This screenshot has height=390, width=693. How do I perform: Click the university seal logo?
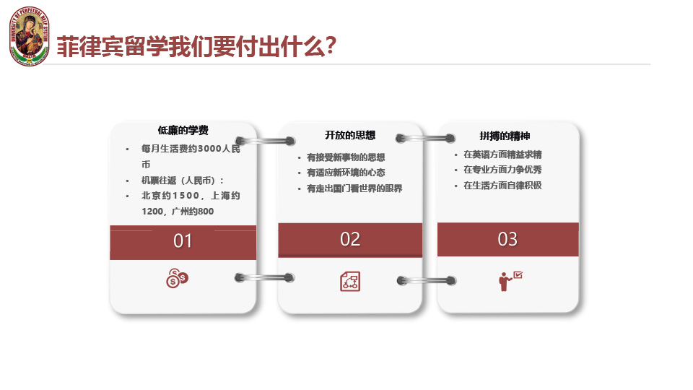pyautogui.click(x=30, y=36)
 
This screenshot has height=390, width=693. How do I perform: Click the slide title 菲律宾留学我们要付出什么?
pyautogui.click(x=196, y=46)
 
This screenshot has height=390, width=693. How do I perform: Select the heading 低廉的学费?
pyautogui.click(x=183, y=130)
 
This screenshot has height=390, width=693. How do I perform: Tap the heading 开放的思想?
pyautogui.click(x=350, y=135)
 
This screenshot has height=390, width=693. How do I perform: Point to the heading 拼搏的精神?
pyautogui.click(x=505, y=136)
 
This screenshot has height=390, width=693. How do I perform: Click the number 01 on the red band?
pyautogui.click(x=183, y=241)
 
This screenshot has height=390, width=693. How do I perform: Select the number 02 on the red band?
pyautogui.click(x=350, y=239)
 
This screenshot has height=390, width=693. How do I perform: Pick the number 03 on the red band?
pyautogui.click(x=507, y=239)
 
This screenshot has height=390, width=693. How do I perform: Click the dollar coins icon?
pyautogui.click(x=178, y=278)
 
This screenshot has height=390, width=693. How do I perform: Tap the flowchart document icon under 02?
pyautogui.click(x=350, y=281)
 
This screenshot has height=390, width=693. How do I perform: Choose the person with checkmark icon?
pyautogui.click(x=510, y=281)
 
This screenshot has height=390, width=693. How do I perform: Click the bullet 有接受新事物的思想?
pyautogui.click(x=346, y=157)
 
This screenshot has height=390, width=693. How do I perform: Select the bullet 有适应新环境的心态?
pyautogui.click(x=346, y=173)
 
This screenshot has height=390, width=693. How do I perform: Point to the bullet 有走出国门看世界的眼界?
pyautogui.click(x=354, y=188)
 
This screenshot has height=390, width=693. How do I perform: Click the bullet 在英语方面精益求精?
pyautogui.click(x=502, y=155)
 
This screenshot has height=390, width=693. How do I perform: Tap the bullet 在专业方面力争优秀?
pyautogui.click(x=502, y=169)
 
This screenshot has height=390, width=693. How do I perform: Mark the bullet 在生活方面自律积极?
pyautogui.click(x=502, y=186)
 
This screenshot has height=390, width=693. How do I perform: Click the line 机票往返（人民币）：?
pyautogui.click(x=183, y=181)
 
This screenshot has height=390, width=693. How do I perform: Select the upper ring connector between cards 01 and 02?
pyautogui.click(x=265, y=141)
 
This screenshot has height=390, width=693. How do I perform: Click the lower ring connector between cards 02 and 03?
pyautogui.click(x=427, y=280)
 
